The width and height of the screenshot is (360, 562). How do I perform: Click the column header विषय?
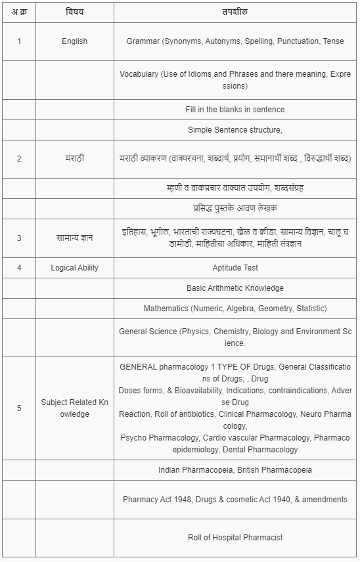coord(74,12)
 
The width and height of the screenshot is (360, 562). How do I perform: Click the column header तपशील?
coord(235,12)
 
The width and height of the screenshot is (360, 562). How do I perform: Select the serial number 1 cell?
coord(19,41)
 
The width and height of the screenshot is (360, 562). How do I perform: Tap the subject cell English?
coord(74,41)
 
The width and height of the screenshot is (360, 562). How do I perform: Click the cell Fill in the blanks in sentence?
coord(235,110)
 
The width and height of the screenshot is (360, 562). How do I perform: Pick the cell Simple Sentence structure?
coord(235,130)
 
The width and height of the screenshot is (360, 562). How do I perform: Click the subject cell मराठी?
coord(74,159)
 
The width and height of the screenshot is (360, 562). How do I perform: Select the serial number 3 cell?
coord(19,238)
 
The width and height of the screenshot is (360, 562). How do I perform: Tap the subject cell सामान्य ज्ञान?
coord(74,238)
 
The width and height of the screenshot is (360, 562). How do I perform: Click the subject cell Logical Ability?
coord(74,268)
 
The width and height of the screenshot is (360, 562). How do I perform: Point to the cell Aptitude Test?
coord(235,268)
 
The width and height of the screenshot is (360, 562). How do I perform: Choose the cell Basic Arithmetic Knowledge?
coord(235,288)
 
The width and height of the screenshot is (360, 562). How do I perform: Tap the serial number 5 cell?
coord(19,408)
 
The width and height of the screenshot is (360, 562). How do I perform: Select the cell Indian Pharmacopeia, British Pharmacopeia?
coord(235,470)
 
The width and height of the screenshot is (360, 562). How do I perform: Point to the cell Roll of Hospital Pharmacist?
coord(235,538)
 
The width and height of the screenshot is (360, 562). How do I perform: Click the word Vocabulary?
coord(139,74)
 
